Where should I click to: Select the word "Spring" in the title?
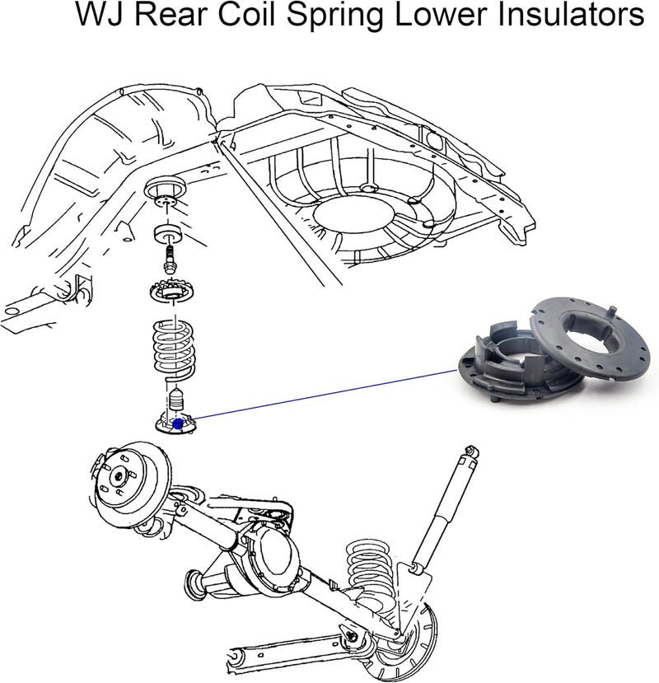pos(335,17)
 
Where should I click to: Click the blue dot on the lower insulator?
pos(177,423)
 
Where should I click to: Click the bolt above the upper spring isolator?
pos(170,259)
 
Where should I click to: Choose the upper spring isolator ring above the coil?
pos(173,293)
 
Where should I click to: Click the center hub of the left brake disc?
pos(118,476)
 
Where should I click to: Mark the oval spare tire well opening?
pos(353,215)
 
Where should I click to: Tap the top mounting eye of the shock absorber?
pos(471,451)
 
